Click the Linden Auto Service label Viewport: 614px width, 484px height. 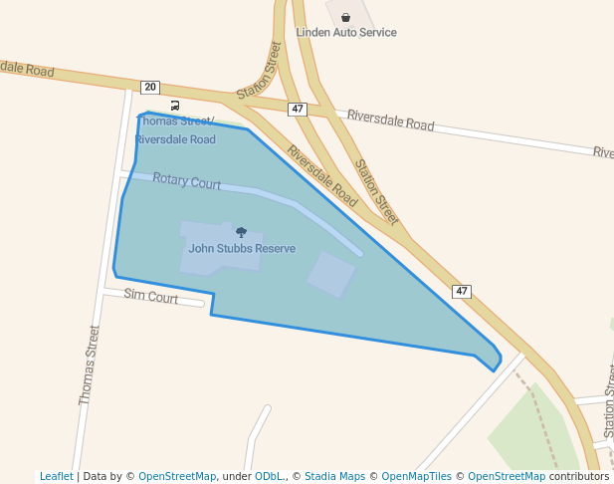346,33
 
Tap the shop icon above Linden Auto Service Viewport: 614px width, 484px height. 345,17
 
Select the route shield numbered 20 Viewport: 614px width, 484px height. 150,88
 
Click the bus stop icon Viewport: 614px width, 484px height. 175,105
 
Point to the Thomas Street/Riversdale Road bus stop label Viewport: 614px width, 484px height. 175,130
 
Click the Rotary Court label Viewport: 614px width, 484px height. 187,183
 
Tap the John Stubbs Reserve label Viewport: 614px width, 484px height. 242,248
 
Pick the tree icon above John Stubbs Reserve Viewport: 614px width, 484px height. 241,232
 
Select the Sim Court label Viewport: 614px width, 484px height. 151,297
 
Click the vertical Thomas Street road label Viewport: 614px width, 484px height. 90,364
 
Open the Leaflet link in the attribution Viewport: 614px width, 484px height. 56,477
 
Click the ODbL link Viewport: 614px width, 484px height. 267,477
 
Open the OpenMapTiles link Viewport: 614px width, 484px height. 416,477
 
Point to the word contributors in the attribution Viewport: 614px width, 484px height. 578,477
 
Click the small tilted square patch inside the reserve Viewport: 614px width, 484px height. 330,274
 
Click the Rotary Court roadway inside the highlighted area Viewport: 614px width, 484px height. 289,203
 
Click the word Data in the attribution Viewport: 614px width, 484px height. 97,477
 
